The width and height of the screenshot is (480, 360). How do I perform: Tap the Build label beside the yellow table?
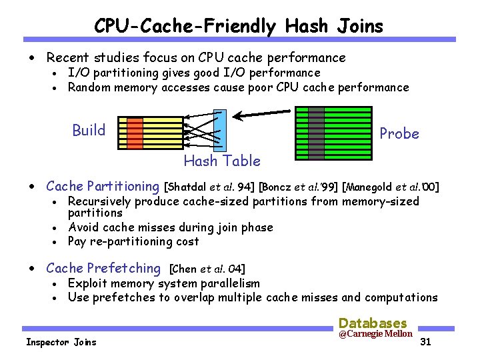pyautogui.click(x=89, y=130)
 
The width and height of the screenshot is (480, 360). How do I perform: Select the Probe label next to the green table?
pyautogui.click(x=399, y=133)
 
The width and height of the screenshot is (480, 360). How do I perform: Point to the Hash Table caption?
pyautogui.click(x=222, y=161)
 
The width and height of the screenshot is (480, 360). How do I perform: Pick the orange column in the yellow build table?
pyautogui.click(x=135, y=132)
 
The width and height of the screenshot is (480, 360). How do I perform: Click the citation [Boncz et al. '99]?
pyautogui.click(x=298, y=187)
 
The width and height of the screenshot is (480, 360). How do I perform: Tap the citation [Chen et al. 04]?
pyautogui.click(x=207, y=269)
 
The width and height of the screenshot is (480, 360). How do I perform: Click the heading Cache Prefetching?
pyautogui.click(x=103, y=269)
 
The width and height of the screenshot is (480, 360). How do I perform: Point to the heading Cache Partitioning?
pyautogui.click(x=103, y=187)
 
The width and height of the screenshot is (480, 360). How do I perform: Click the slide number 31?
pyautogui.click(x=427, y=343)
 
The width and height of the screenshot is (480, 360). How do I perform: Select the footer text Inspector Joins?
pyautogui.click(x=61, y=342)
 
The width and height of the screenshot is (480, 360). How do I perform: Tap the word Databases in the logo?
pyautogui.click(x=373, y=322)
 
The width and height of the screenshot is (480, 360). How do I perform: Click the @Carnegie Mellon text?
pyautogui.click(x=375, y=334)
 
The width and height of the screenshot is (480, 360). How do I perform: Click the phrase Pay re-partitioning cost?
pyautogui.click(x=133, y=241)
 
